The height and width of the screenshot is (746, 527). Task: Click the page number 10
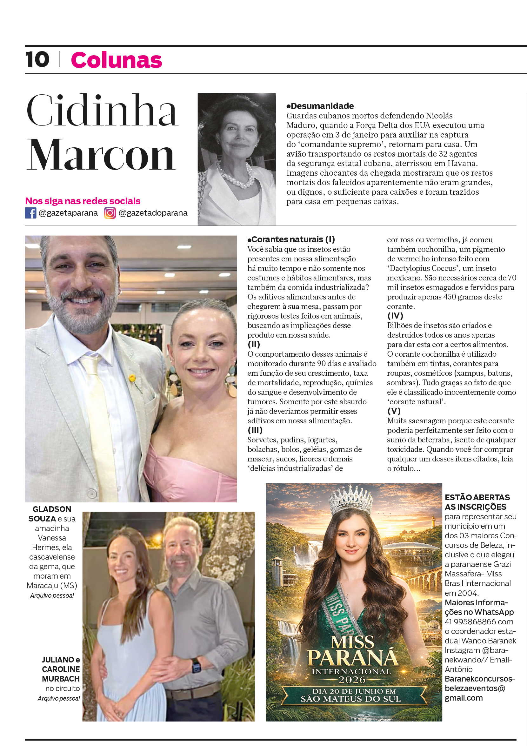(37, 60)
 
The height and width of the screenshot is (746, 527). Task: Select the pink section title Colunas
(116, 60)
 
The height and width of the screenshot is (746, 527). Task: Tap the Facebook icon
(30, 213)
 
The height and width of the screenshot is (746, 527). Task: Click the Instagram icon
(110, 213)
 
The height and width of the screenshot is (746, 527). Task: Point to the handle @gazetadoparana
(153, 213)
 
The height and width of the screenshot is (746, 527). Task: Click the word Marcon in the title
(101, 155)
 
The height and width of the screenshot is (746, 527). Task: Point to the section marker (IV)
(395, 316)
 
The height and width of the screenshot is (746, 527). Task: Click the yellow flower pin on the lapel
(132, 378)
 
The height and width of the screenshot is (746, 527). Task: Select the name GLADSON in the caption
(52, 509)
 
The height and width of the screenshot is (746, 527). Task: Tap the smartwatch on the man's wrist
(196, 663)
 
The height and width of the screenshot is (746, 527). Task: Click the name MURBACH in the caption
(61, 679)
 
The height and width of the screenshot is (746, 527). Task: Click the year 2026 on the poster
(352, 680)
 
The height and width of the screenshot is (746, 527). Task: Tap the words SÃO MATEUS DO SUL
(351, 699)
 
